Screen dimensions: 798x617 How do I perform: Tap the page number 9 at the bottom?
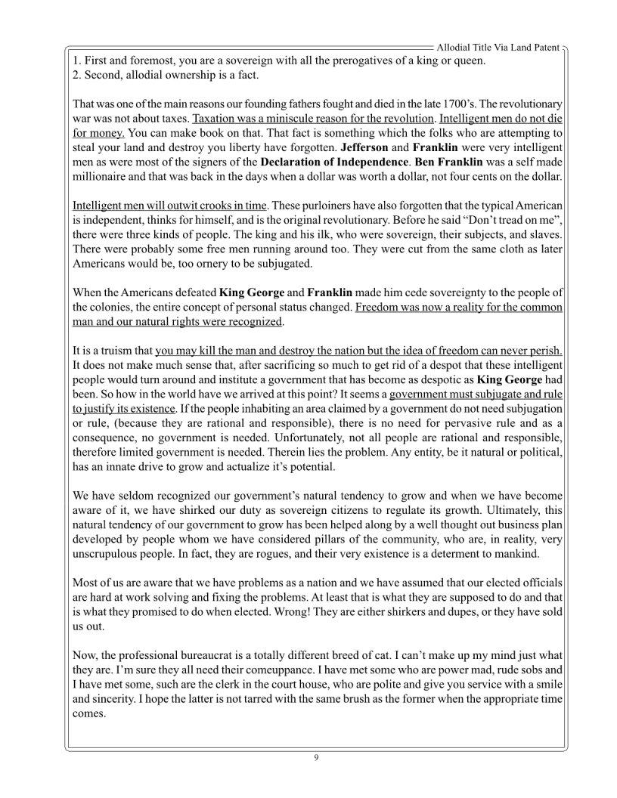coord(316,758)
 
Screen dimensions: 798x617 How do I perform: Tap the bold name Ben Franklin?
coord(448,161)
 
